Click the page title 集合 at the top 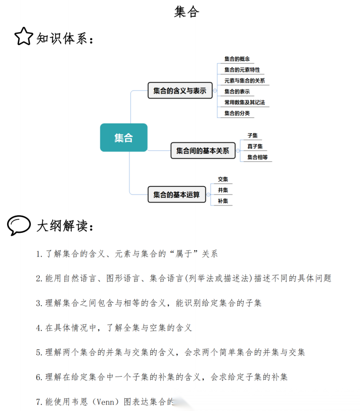(187, 12)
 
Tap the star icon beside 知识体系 (23, 36)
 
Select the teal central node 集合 (123, 138)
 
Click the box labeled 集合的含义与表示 (179, 91)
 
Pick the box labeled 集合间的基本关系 (202, 150)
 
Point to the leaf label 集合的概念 (237, 59)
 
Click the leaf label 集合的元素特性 (242, 70)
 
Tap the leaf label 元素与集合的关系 (245, 80)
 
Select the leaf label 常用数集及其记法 (245, 102)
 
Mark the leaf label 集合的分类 (237, 113)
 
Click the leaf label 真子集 (255, 146)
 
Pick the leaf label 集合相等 (257, 157)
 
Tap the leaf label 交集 (223, 179)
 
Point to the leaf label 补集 (223, 201)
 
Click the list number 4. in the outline (39, 328)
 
